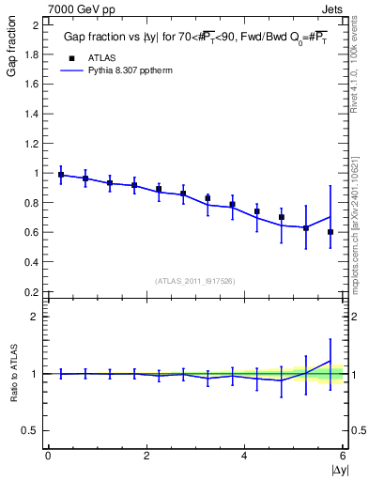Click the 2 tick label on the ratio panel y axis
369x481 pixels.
[36, 317]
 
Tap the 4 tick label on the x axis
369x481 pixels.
[245, 456]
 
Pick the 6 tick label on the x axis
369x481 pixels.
[343, 456]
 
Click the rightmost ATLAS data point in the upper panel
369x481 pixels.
[331, 232]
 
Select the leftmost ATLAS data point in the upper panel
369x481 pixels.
[61, 175]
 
